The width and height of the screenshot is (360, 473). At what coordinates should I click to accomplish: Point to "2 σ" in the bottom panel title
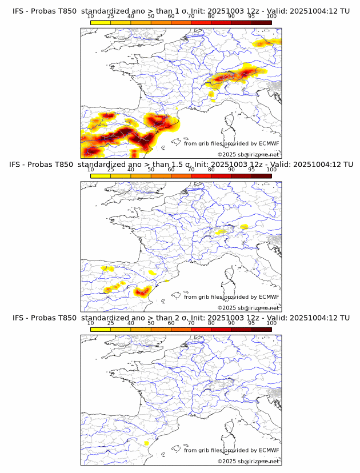point(180,318)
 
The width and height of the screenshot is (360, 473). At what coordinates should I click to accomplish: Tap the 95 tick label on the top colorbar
point(251,17)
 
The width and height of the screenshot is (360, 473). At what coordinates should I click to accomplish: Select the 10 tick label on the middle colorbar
point(90,170)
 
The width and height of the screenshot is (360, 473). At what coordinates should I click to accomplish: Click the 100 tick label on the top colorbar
point(271,17)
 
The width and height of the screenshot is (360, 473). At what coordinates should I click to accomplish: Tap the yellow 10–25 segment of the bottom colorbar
point(101,329)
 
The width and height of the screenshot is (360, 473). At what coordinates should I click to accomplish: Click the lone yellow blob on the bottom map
point(147,443)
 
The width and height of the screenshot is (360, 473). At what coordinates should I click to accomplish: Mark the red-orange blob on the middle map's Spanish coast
point(142,292)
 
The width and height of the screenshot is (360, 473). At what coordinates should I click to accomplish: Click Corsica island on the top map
point(232,122)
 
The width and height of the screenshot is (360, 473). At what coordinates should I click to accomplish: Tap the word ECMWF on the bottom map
point(269,451)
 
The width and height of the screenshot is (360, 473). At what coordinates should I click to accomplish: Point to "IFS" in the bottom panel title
point(18,318)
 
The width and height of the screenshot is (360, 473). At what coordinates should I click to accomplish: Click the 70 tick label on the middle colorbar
point(191,170)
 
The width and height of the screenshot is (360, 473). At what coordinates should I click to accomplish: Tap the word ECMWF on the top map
point(269,143)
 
